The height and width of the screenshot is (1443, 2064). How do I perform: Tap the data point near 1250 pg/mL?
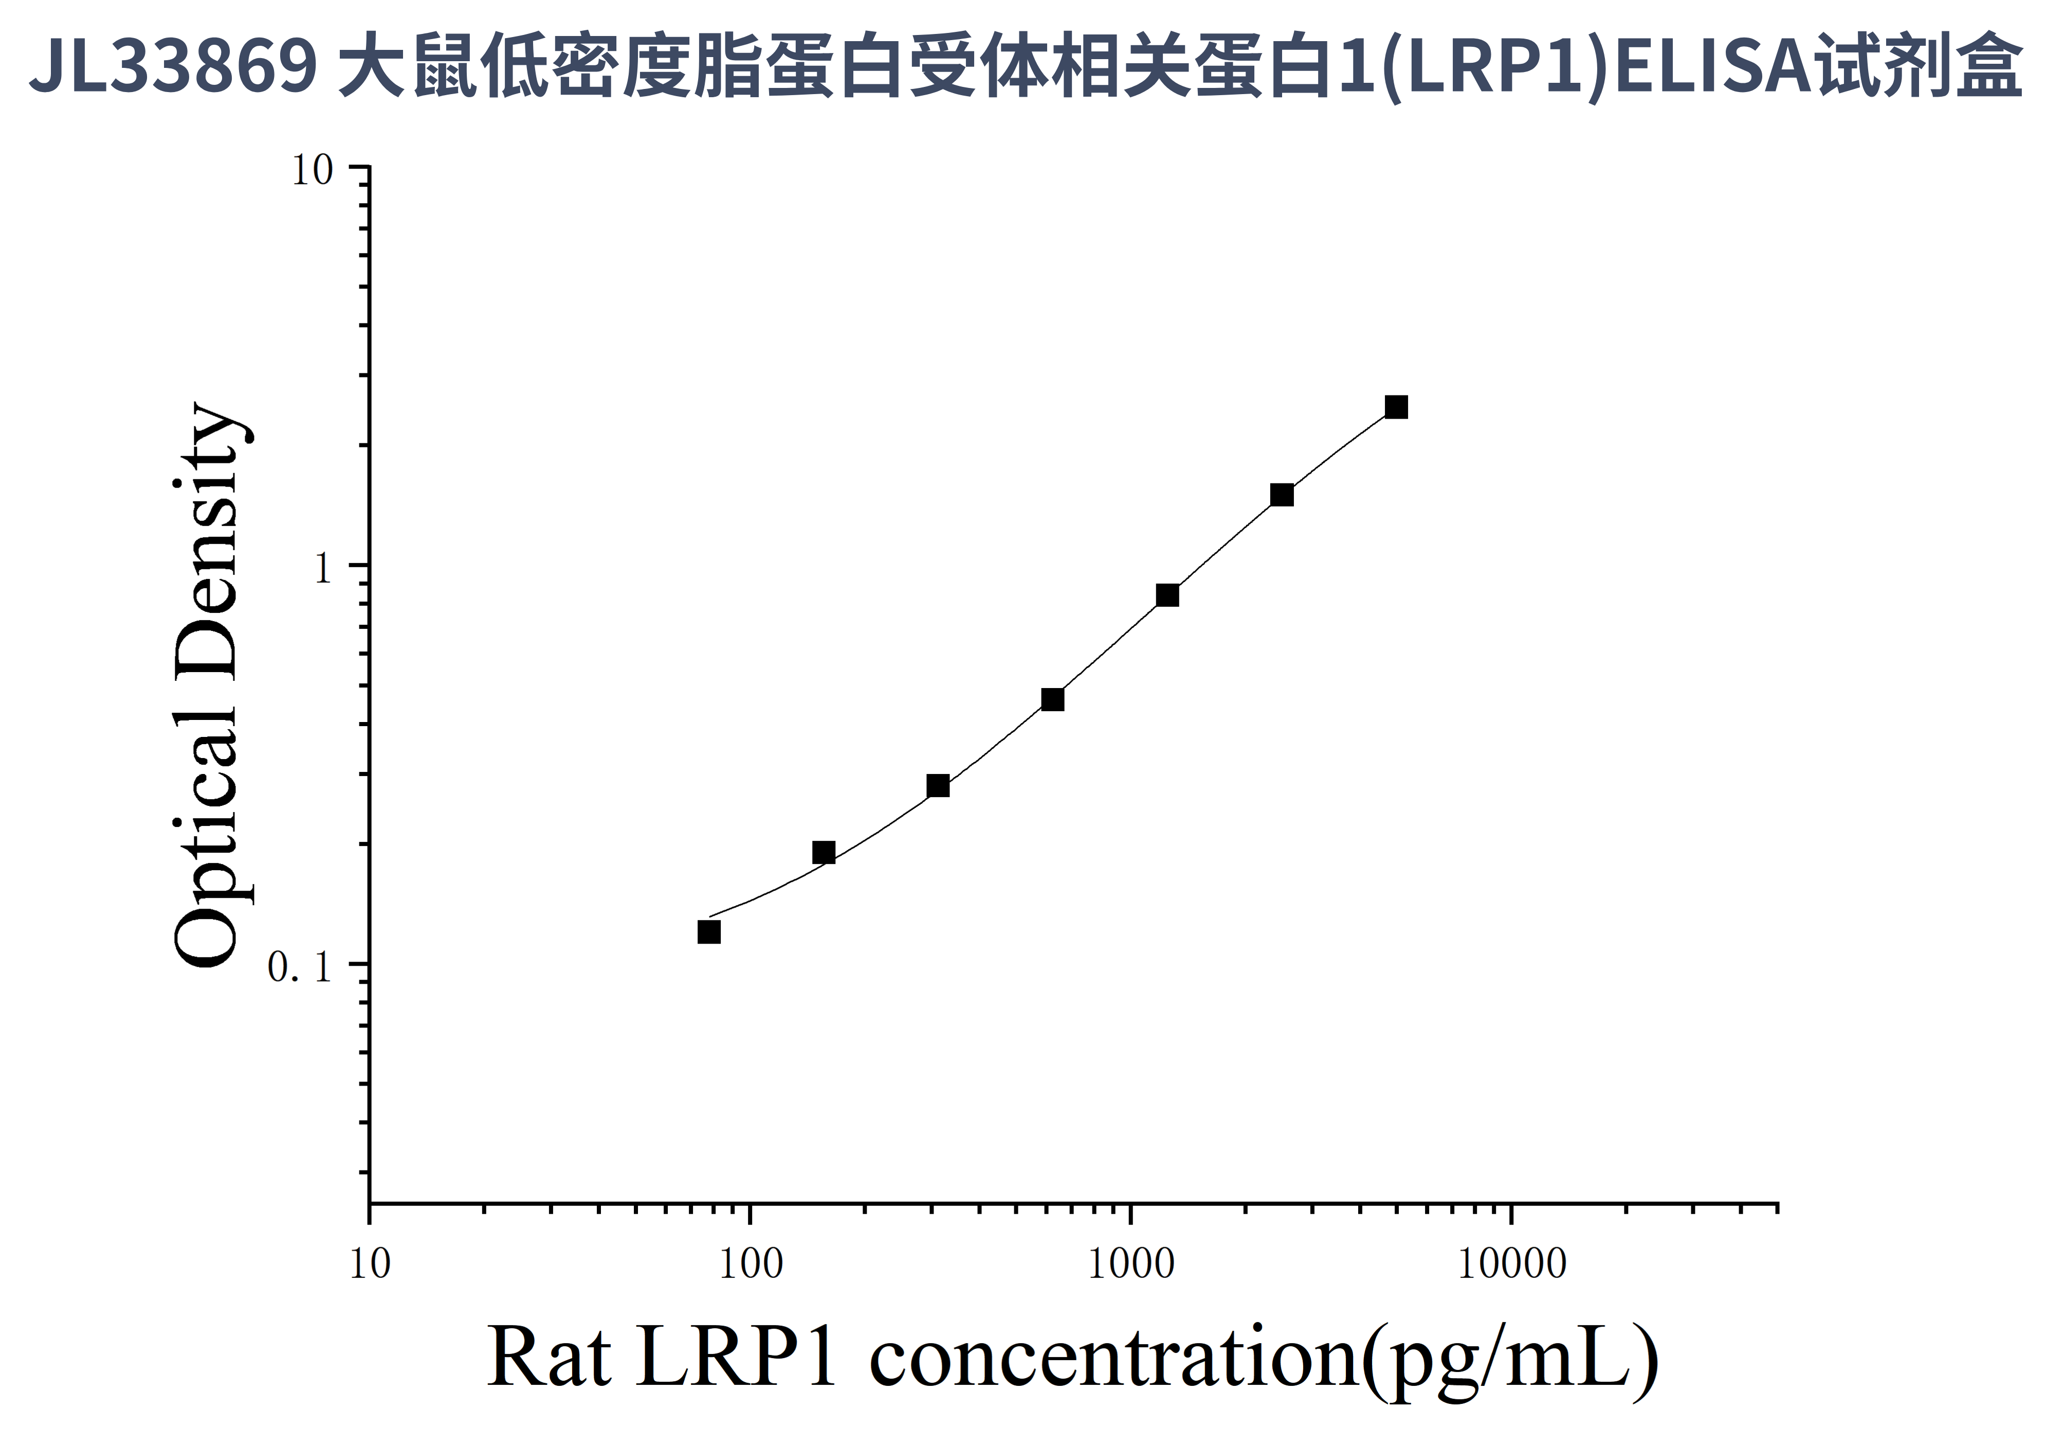pos(1167,595)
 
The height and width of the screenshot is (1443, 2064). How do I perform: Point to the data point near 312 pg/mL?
pos(938,786)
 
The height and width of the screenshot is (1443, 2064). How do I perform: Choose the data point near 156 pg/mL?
pos(824,852)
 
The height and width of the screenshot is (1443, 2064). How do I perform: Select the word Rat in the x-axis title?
pos(549,1358)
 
